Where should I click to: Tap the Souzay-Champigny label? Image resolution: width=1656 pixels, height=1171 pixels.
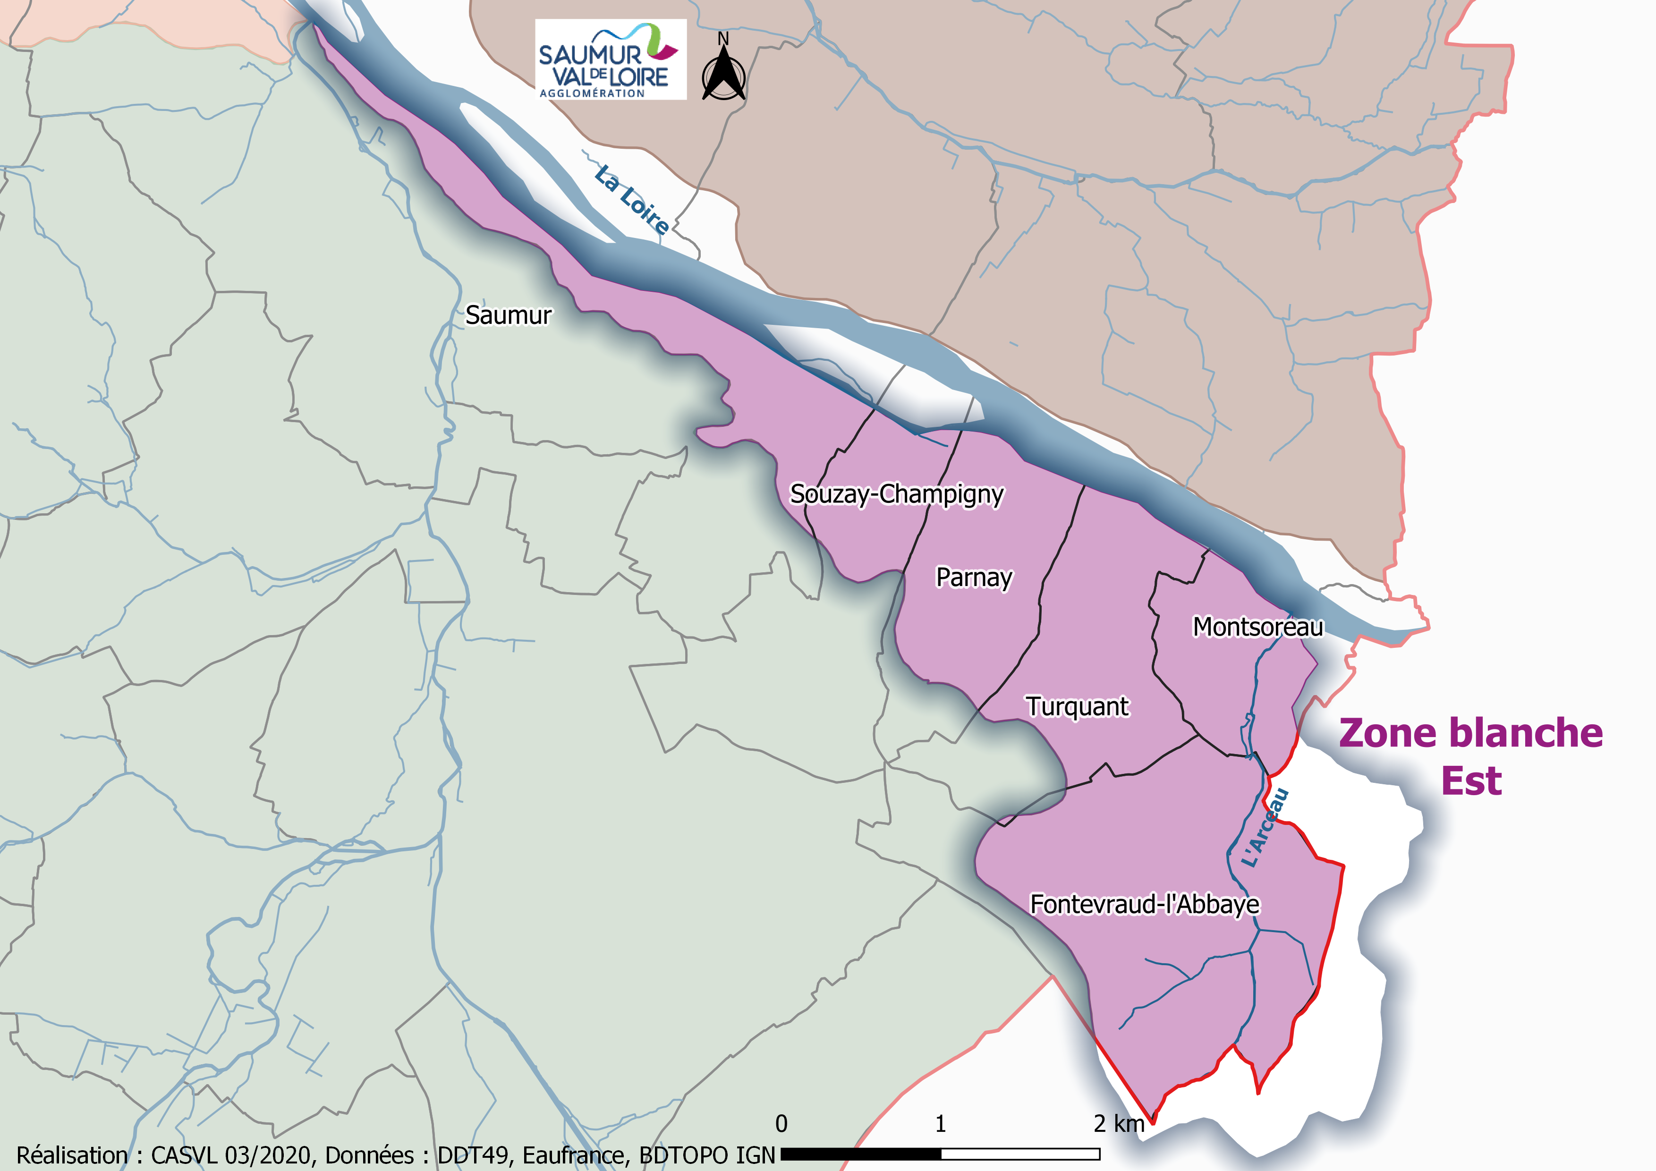click(x=897, y=494)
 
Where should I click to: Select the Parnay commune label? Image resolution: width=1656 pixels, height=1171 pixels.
click(x=974, y=577)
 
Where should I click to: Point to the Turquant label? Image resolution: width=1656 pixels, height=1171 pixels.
click(x=1078, y=707)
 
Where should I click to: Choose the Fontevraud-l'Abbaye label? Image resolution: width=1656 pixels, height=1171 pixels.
click(x=1145, y=904)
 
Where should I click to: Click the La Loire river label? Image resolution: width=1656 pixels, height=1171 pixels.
click(x=632, y=200)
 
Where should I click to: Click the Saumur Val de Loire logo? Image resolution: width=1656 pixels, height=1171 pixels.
click(x=610, y=59)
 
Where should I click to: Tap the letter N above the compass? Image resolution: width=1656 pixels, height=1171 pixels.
click(x=723, y=39)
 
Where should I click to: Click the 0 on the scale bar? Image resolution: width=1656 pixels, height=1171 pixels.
click(x=781, y=1123)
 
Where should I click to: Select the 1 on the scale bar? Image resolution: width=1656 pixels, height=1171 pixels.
click(x=941, y=1123)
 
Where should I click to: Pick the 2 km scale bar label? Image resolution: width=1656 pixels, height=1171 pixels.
click(x=1119, y=1123)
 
